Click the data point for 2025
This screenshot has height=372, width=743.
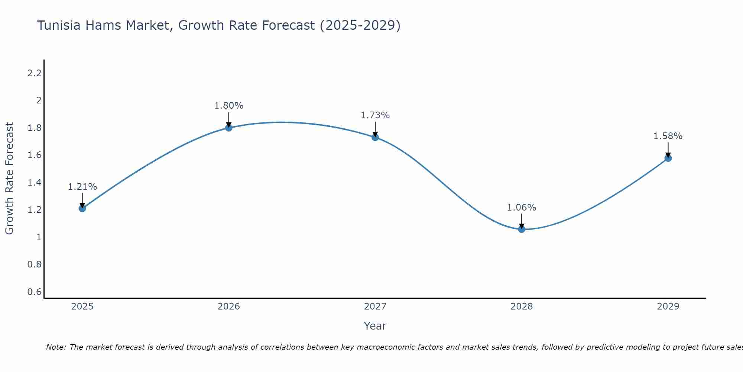[82, 208]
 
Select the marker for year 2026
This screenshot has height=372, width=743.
[229, 128]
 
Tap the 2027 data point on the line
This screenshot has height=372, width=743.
[375, 137]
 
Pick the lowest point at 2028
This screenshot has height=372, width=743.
[522, 229]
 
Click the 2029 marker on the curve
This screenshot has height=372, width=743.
[668, 158]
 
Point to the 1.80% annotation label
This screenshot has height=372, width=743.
[229, 106]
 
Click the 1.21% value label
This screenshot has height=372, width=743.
[82, 187]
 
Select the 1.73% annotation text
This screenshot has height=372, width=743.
[375, 115]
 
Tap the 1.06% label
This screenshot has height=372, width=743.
[522, 208]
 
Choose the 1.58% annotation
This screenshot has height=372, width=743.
[668, 136]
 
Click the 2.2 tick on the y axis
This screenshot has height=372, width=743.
[34, 73]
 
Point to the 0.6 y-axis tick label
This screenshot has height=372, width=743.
[34, 292]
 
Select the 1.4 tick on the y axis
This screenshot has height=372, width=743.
[34, 182]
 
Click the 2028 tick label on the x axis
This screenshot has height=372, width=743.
[522, 307]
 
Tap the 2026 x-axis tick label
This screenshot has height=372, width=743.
[229, 307]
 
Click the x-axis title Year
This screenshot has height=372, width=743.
[375, 326]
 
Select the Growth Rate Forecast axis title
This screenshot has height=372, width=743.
[9, 179]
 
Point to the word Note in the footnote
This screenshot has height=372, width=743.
[56, 347]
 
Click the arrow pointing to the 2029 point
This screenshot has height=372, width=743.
[668, 150]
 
